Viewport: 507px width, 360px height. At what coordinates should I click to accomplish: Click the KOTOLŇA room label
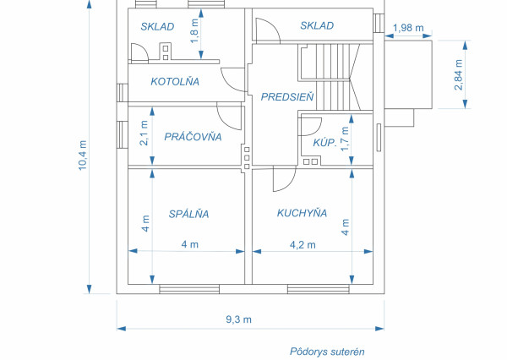pyautogui.click(x=174, y=82)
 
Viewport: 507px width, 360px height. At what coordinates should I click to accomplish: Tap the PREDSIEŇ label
pyautogui.click(x=287, y=97)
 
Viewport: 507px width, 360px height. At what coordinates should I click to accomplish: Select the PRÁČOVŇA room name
pyautogui.click(x=193, y=136)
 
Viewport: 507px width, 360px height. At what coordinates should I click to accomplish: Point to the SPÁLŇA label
pyautogui.click(x=188, y=214)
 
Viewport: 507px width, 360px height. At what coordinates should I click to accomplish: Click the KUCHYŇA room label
pyautogui.click(x=302, y=213)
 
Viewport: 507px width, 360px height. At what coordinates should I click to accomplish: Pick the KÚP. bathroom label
pyautogui.click(x=324, y=144)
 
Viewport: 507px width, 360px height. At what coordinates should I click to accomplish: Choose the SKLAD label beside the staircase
pyautogui.click(x=317, y=26)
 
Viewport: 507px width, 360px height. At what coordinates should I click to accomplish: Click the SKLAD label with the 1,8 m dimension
pyautogui.click(x=157, y=26)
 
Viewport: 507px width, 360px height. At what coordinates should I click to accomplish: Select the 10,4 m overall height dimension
pyautogui.click(x=83, y=155)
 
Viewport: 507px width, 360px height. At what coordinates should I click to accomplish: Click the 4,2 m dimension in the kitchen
pyautogui.click(x=302, y=245)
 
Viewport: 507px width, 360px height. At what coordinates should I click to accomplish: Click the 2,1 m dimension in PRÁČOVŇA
pyautogui.click(x=144, y=133)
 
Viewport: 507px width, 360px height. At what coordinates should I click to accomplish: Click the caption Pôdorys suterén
pyautogui.click(x=325, y=351)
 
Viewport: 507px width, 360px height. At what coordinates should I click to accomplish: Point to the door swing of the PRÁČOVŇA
pyautogui.click(x=229, y=114)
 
